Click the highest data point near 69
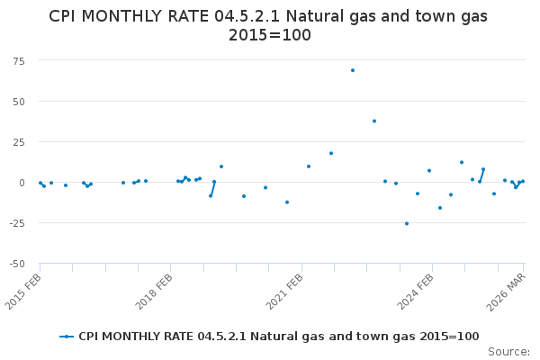[x=353, y=70]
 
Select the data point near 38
[x=374, y=121]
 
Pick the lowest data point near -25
[x=407, y=223]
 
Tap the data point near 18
[x=331, y=153]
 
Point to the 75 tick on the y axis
[x=19, y=61]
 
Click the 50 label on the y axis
[x=19, y=102]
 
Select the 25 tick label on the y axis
[x=19, y=142]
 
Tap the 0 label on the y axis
[x=22, y=183]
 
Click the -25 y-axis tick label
[x=17, y=223]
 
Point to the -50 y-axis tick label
[x=17, y=264]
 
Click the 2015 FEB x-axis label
[x=23, y=292]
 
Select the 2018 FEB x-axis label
[x=154, y=292]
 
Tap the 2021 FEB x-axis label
[x=284, y=292]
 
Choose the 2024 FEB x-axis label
[x=415, y=292]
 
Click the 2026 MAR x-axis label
[x=506, y=292]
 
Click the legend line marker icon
[x=67, y=337]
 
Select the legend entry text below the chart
[x=279, y=337]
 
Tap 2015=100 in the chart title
[x=270, y=35]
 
